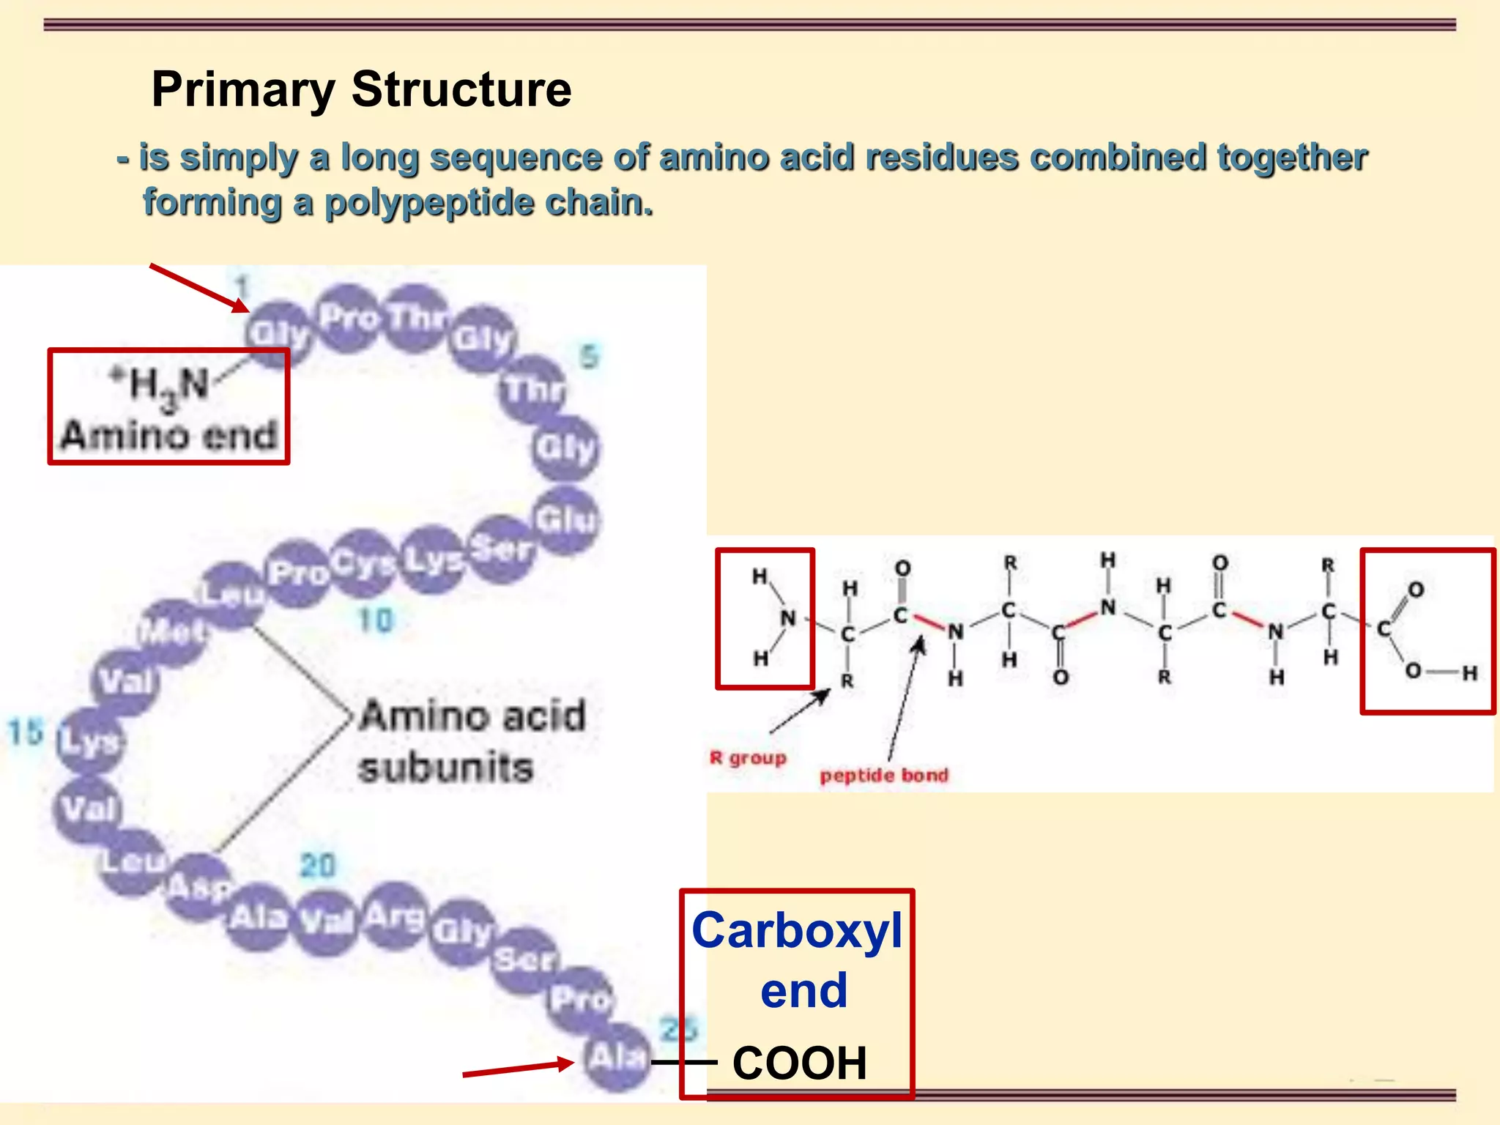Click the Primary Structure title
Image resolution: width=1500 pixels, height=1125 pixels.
coord(361,89)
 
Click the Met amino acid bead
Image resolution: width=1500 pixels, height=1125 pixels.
coord(173,631)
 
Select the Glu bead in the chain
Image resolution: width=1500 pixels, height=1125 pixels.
coord(566,520)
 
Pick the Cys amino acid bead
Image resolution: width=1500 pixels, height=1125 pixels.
coord(364,562)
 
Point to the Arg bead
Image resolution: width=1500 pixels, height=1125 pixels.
coord(395,916)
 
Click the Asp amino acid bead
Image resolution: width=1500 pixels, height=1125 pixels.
coord(198,887)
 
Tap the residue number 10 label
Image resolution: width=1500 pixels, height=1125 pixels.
coord(376,620)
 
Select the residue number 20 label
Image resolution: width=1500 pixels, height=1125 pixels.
coord(318,866)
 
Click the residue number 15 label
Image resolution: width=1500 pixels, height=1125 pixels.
coord(26,732)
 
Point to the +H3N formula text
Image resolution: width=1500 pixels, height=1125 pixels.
coord(160,384)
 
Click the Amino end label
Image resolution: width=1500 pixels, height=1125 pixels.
coord(169,435)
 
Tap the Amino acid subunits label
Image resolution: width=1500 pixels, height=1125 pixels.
coord(472,741)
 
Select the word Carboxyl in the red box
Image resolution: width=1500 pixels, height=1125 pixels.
coord(797,931)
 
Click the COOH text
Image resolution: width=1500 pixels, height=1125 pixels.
coord(800,1063)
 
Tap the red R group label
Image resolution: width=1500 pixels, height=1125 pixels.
coord(748,757)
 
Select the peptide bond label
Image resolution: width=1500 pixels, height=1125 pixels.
coord(884,775)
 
